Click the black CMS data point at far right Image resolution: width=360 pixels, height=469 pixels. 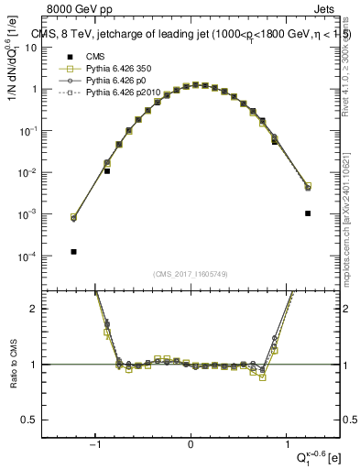[308, 213]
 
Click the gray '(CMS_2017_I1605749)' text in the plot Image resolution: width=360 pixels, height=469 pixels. [191, 274]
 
